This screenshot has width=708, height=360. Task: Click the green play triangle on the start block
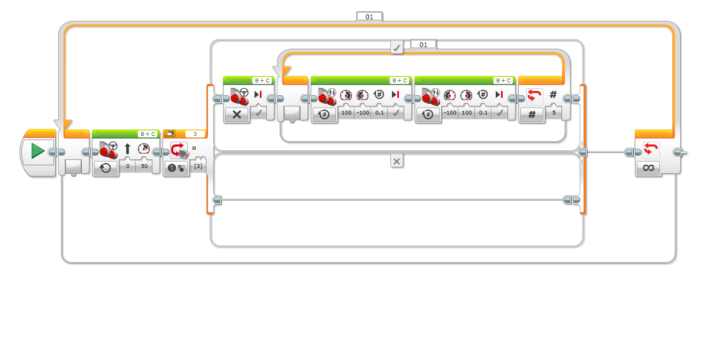[37, 151]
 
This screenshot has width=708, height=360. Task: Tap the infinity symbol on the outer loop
[648, 168]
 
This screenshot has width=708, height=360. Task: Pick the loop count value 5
[553, 113]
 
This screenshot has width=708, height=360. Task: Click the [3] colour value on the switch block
[198, 167]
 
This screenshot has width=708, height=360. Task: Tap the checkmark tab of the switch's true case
[396, 48]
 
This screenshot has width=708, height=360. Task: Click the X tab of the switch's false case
[396, 161]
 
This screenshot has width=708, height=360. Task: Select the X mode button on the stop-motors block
[236, 114]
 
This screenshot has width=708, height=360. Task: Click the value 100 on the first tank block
[345, 113]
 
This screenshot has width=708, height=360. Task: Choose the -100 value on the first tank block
[362, 113]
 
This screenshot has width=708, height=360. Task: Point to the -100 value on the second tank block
[449, 113]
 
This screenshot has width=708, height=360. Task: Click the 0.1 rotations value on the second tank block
[482, 113]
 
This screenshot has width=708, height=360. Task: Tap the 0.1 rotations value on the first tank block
[379, 113]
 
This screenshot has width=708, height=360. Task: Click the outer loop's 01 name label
[369, 17]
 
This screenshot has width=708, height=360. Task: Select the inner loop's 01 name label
[423, 44]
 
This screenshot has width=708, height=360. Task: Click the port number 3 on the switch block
[195, 134]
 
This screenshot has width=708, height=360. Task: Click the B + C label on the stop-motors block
[262, 80]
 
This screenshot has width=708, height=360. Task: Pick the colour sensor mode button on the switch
[175, 168]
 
